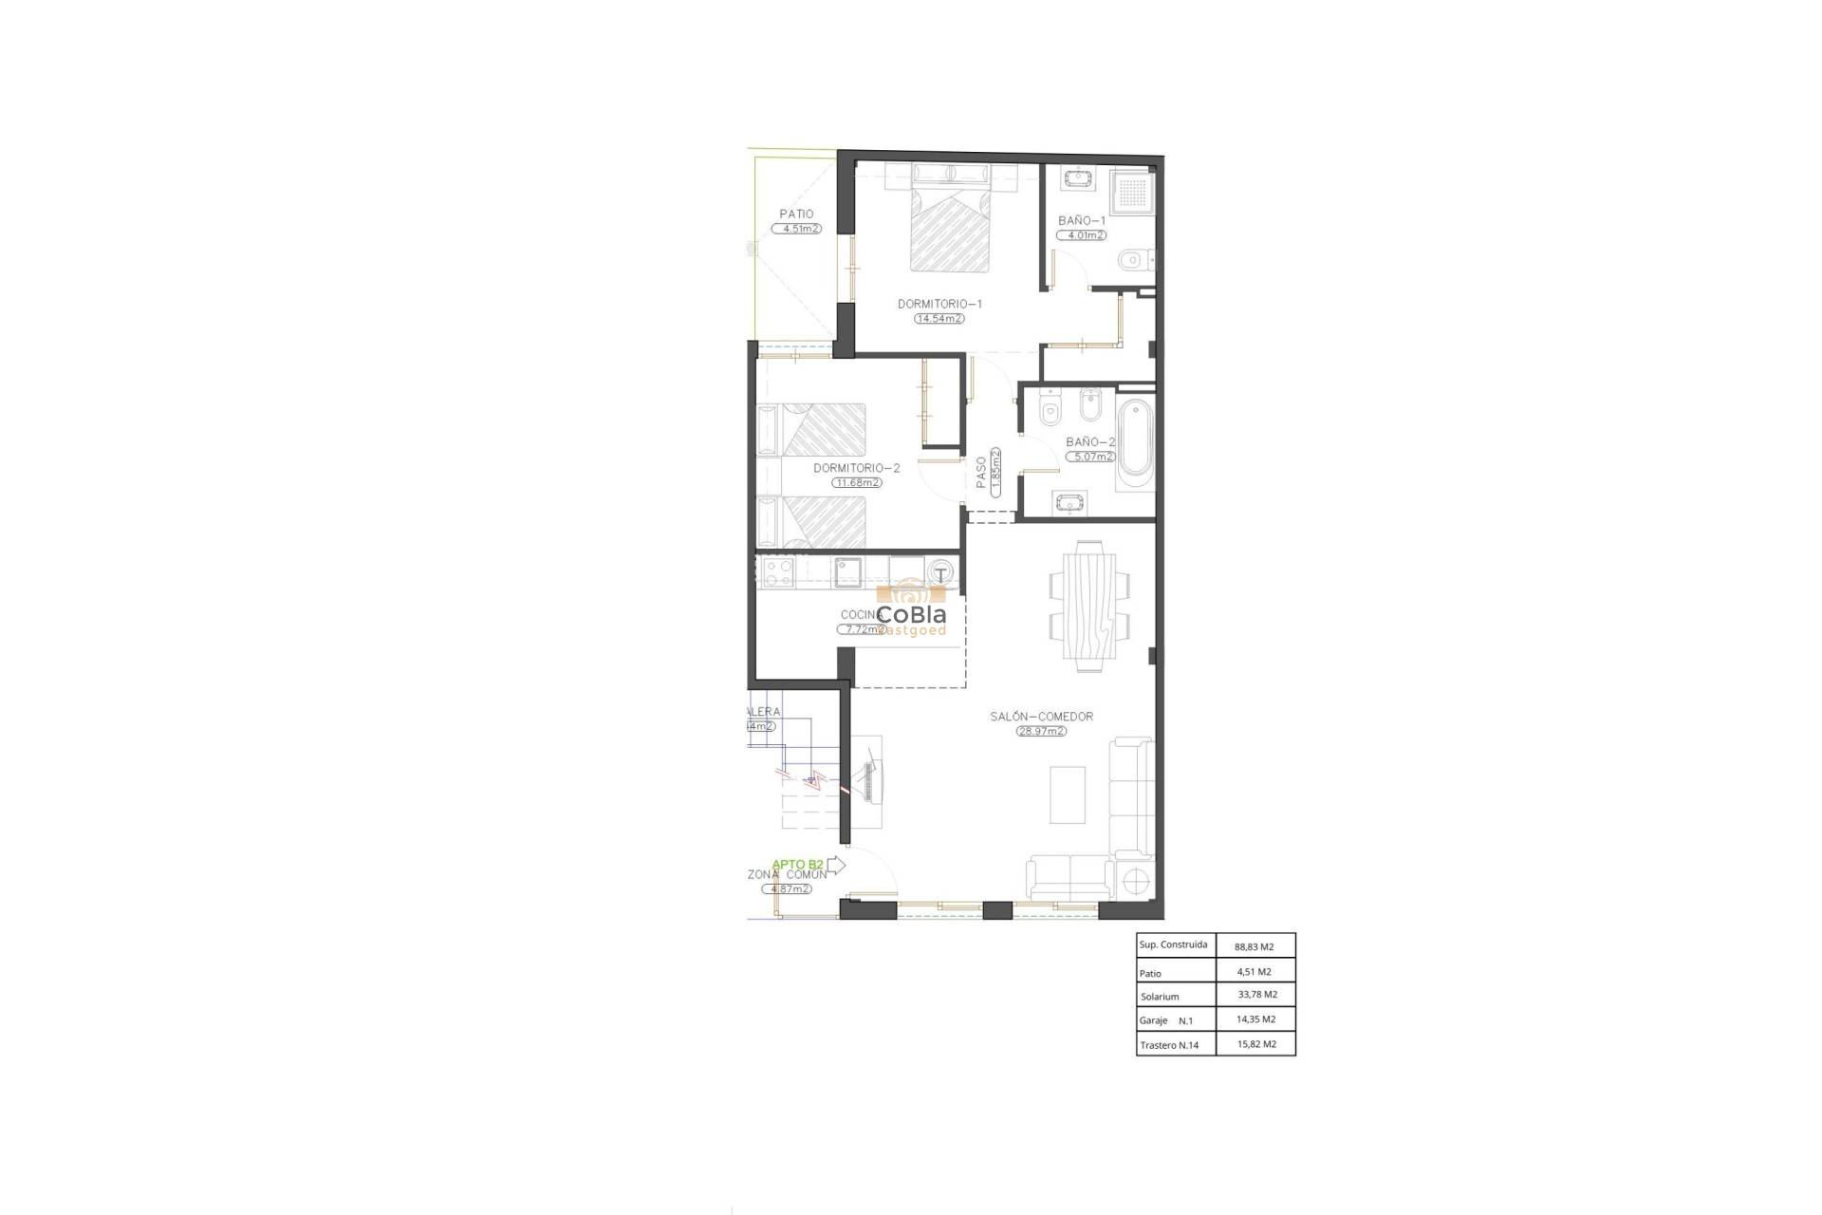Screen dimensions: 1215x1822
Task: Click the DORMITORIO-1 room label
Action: pos(939,305)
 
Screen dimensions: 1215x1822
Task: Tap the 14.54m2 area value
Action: pos(939,319)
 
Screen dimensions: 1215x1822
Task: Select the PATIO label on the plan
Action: pos(796,215)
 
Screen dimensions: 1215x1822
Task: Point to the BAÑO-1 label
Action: pos(1082,221)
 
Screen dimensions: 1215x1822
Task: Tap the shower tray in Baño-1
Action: pos(1133,193)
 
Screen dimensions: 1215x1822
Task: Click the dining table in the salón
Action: pos(1089,606)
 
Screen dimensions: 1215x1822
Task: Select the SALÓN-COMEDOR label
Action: pos(1041,717)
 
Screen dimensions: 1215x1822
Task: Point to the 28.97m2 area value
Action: pos(1041,732)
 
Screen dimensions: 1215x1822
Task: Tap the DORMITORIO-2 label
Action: pos(856,468)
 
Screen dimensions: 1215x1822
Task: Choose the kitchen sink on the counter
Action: pos(847,571)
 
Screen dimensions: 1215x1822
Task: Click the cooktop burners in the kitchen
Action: pos(778,571)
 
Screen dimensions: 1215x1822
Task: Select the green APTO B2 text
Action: pos(797,865)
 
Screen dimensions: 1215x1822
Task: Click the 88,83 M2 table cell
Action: pos(1254,946)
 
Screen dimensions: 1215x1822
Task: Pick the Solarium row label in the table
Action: pos(1160,997)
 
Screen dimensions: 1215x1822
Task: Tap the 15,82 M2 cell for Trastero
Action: pos(1255,1044)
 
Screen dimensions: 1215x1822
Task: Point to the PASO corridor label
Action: pos(981,473)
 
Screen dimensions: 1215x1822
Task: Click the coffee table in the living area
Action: pos(1068,794)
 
